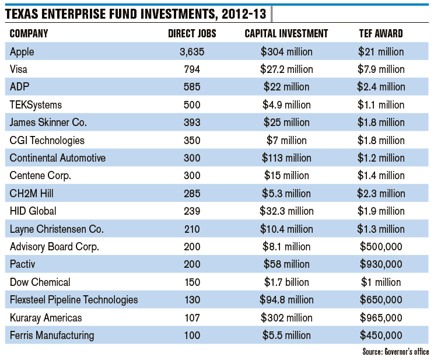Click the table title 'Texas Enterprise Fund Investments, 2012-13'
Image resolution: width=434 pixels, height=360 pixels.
[x=136, y=13]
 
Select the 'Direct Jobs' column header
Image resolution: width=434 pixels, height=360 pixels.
[x=192, y=34]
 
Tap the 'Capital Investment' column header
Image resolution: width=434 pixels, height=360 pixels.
[x=286, y=34]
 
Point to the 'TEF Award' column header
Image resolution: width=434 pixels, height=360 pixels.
[x=381, y=34]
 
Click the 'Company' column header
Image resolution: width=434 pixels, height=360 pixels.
[x=29, y=34]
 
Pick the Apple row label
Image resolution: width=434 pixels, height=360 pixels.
[x=22, y=52]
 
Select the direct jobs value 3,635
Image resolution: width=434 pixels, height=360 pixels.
[x=192, y=52]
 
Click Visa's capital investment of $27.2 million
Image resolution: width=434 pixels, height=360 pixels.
[x=286, y=69]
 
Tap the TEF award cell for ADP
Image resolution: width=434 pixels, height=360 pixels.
[x=381, y=87]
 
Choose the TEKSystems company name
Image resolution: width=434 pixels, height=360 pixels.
[x=36, y=105]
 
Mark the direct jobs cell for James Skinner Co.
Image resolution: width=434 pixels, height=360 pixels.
[x=192, y=123]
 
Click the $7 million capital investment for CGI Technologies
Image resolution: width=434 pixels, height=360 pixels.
[x=286, y=141]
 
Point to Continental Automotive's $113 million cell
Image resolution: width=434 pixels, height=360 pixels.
[x=286, y=158]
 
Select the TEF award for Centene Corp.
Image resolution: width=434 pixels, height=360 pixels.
[x=381, y=176]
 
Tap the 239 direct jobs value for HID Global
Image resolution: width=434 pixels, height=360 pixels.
[x=192, y=211]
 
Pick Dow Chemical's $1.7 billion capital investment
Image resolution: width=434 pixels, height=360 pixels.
[x=286, y=282]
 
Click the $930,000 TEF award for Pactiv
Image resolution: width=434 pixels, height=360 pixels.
[x=381, y=264]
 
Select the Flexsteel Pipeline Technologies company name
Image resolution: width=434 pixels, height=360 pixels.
[x=74, y=300]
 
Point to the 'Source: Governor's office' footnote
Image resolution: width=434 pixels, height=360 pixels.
[x=395, y=351]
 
